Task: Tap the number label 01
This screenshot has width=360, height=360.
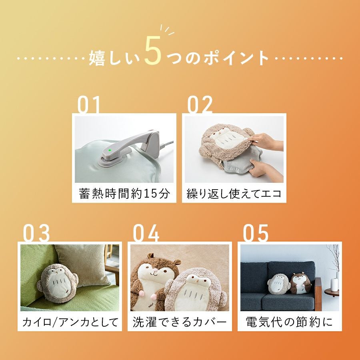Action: point(89,104)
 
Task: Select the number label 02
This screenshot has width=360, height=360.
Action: point(200,104)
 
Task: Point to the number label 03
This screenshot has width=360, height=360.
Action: point(36,233)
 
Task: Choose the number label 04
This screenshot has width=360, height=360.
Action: point(146,233)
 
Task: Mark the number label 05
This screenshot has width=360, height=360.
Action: point(256,233)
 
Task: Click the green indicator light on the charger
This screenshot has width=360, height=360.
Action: point(110,150)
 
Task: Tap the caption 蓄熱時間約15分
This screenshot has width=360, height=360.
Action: point(124,193)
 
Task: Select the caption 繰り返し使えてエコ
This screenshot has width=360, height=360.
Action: point(234,193)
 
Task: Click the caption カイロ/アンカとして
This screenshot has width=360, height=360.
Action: point(70,322)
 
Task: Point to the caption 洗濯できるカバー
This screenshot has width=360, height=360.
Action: point(180,322)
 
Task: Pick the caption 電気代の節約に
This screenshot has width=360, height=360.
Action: point(289,322)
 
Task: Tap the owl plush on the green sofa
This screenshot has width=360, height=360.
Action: point(57,283)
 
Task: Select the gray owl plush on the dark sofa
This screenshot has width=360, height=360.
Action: point(278,284)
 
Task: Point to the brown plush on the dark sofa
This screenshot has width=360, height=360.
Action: point(300,283)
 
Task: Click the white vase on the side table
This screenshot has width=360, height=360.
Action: point(334,285)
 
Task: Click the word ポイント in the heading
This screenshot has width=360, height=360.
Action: point(236,58)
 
